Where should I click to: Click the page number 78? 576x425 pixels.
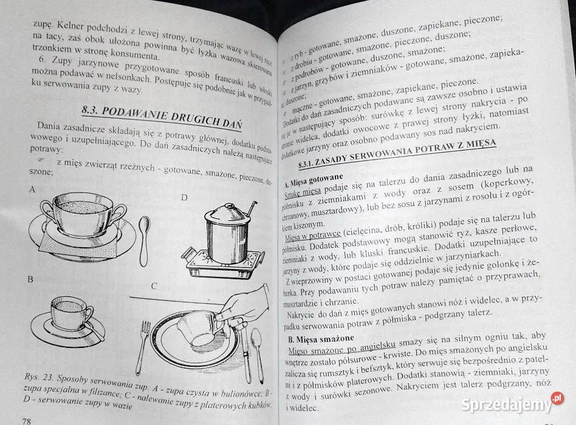(x=27, y=420)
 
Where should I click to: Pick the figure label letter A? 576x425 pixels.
(x=32, y=189)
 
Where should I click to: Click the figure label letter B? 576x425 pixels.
(x=30, y=280)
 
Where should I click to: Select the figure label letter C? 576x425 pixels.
(x=154, y=287)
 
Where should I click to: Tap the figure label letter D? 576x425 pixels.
(x=184, y=197)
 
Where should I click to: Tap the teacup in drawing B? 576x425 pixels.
(x=70, y=313)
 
